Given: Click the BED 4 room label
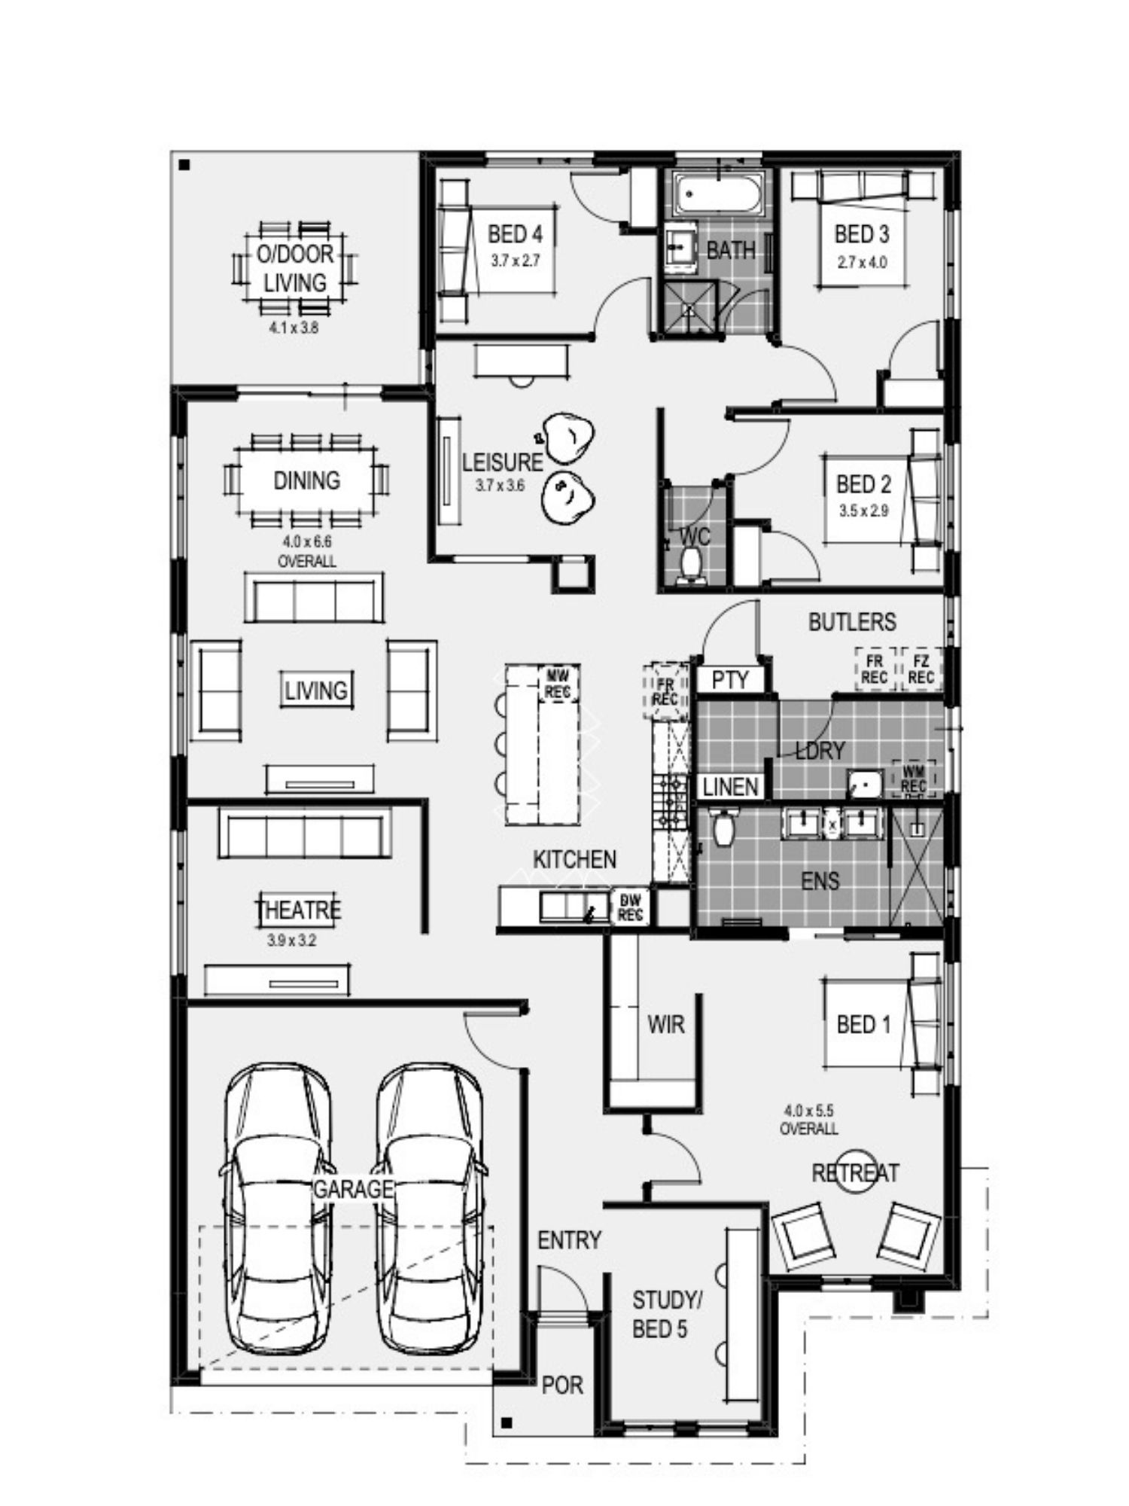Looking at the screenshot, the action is (515, 234).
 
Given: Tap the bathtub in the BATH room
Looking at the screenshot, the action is (718, 194).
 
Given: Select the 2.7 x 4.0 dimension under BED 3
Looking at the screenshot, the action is (862, 263).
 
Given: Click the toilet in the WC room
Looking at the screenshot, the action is (688, 565).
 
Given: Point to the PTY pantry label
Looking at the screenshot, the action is (730, 680).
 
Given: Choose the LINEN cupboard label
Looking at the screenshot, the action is (730, 787).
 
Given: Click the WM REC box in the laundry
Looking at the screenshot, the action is (914, 779).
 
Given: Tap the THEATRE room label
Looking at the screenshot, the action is (299, 910).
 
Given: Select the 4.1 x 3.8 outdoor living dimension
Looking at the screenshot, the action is (294, 328).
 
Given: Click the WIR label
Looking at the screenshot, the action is (666, 1024).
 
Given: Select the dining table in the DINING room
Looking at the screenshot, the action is (306, 480).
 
